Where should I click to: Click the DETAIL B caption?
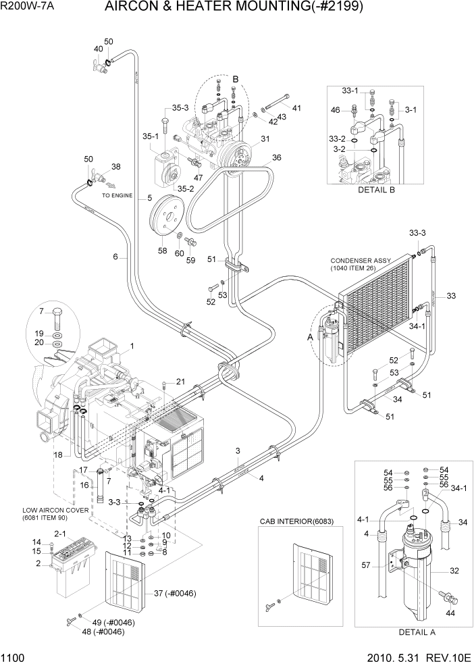(376, 190)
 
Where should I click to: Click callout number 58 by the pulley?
(162, 251)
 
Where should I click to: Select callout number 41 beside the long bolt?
(296, 107)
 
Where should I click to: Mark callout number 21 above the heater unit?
(180, 382)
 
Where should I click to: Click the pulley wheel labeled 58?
(165, 215)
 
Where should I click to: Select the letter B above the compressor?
(236, 80)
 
